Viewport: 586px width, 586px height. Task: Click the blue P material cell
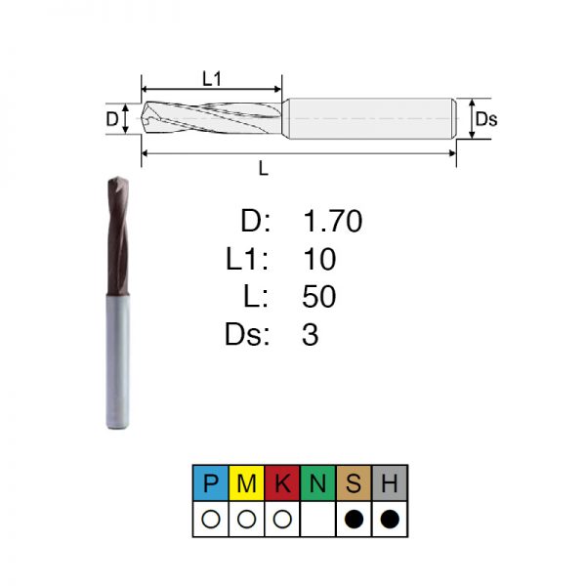(210, 482)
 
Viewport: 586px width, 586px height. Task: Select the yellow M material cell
(246, 482)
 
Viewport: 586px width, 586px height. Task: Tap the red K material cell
(282, 482)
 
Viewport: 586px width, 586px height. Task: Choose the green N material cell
(317, 482)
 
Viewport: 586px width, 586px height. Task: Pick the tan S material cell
(354, 482)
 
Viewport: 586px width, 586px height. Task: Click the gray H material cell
(390, 482)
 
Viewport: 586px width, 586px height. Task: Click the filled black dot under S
(354, 520)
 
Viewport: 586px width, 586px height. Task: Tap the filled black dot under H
(390, 520)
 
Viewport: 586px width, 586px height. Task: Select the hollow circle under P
(210, 520)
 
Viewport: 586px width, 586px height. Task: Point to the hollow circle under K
(282, 520)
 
